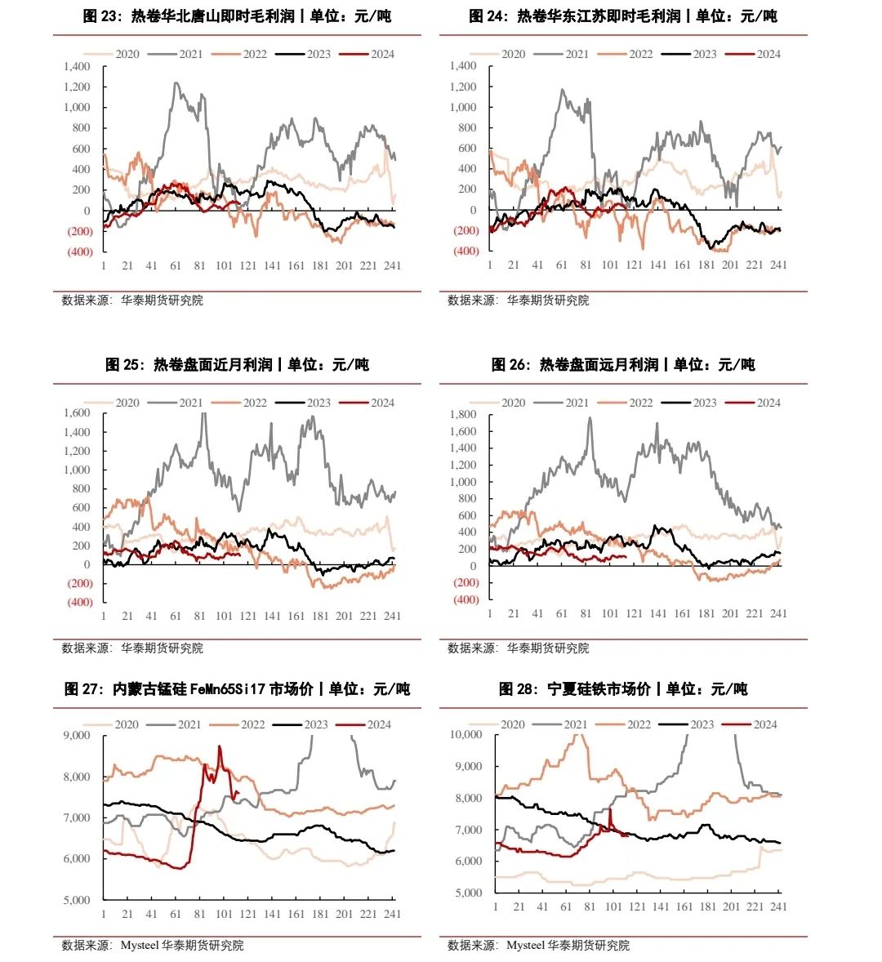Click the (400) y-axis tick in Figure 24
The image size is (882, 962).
click(x=465, y=252)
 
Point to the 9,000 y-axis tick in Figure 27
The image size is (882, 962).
click(x=77, y=735)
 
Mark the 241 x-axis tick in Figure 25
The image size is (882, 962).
click(x=393, y=616)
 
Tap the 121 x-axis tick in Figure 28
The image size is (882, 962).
click(x=637, y=906)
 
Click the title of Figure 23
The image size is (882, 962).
click(x=237, y=16)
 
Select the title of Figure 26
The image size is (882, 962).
click(x=623, y=365)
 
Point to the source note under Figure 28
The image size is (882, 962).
click(x=539, y=946)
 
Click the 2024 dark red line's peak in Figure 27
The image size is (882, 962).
click(x=219, y=746)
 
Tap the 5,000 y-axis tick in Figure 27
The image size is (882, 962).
click(x=77, y=900)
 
